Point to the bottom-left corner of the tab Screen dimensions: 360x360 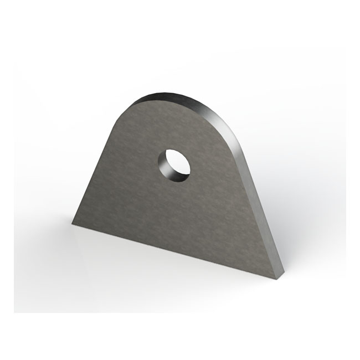pyautogui.click(x=73, y=223)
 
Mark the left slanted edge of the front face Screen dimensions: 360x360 pyautogui.click(x=100, y=166)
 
